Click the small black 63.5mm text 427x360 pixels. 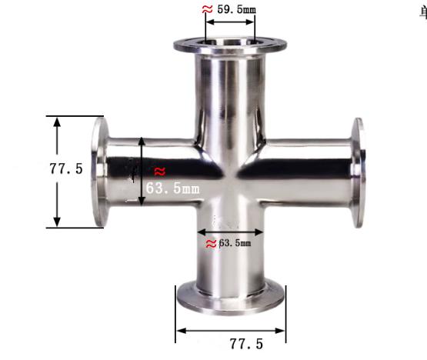click(235, 244)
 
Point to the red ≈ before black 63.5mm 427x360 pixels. click(211, 244)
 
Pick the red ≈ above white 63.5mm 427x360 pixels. click(159, 170)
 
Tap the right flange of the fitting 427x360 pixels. click(358, 172)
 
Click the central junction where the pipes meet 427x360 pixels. click(229, 173)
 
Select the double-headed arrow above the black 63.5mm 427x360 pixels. click(230, 231)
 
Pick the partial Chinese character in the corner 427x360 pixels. click(422, 11)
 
